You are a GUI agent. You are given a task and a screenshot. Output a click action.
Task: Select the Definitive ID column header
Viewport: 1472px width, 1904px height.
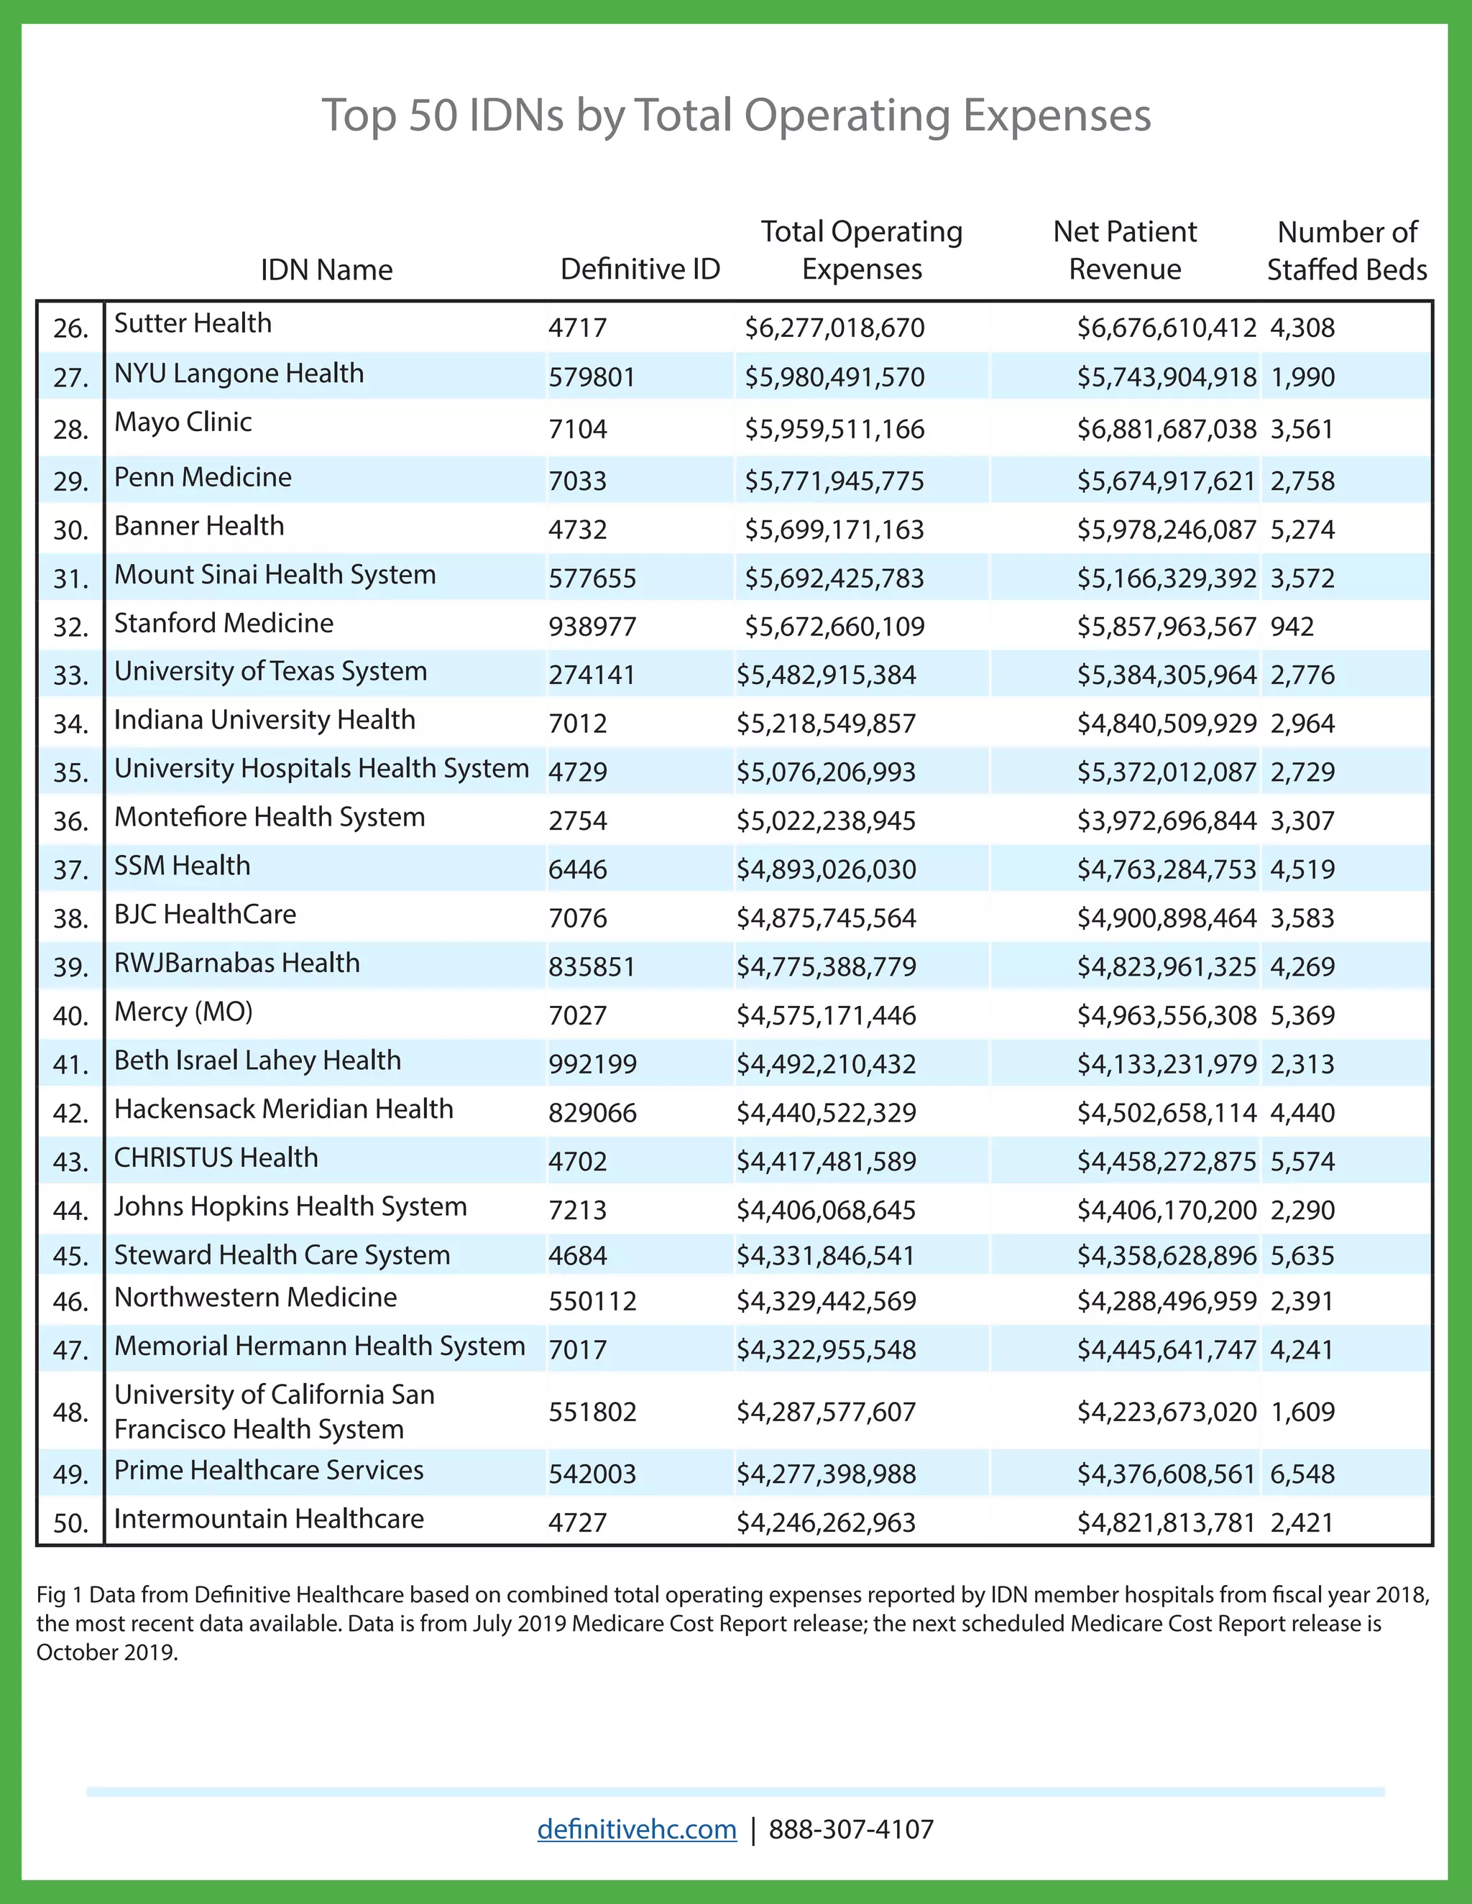[640, 269]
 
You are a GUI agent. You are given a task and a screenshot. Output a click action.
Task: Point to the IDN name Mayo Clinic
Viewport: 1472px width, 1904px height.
[183, 422]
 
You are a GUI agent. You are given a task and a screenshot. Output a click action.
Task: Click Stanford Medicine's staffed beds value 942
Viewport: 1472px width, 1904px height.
[1292, 627]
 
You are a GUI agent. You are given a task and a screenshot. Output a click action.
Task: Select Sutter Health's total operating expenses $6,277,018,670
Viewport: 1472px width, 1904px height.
[834, 328]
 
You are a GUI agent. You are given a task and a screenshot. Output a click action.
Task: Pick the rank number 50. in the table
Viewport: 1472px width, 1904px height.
[70, 1524]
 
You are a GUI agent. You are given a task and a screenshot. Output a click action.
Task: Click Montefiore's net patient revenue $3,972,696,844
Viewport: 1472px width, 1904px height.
[1166, 821]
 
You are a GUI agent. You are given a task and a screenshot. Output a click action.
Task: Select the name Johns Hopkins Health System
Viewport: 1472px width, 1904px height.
[290, 1206]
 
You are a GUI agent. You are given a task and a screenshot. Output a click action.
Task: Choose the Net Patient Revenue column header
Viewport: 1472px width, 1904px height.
[1125, 251]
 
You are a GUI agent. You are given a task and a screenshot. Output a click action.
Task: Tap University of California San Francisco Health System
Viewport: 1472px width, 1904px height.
[274, 1411]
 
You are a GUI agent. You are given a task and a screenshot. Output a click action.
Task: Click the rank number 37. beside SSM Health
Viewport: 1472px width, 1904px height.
[70, 870]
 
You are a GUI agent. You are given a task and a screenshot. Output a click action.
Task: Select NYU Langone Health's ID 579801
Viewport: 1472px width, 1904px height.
[592, 377]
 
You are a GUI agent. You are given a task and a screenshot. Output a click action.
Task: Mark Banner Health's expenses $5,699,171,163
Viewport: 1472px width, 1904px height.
[834, 530]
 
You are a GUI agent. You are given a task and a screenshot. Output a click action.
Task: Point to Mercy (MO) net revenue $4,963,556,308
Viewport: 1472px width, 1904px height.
[1166, 1016]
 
